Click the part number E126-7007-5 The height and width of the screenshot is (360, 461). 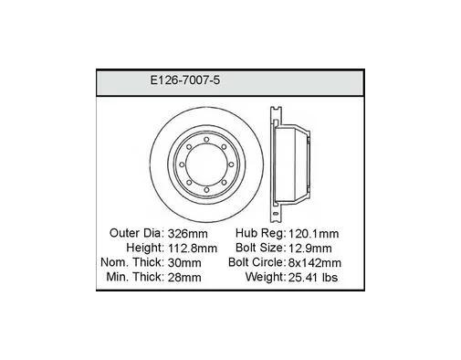pos(185,80)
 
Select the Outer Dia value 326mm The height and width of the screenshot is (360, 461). pos(188,234)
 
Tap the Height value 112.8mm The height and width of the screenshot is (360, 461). pos(193,249)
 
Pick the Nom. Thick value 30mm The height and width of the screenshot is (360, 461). pos(184,263)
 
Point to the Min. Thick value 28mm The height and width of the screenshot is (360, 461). pos(184,278)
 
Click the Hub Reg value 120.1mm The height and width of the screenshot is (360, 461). pos(313,234)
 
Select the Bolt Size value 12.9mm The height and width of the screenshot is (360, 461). pos(309,249)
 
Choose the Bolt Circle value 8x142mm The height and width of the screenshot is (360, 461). pos(315,263)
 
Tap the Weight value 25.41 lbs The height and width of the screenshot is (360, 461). pos(313,278)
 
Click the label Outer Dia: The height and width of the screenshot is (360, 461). pos(137,233)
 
